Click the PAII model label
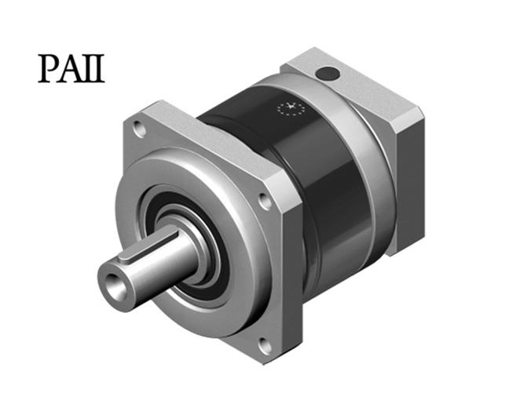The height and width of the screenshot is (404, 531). click(x=71, y=68)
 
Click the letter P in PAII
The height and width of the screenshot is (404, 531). click(x=49, y=68)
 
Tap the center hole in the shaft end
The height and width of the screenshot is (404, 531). click(x=114, y=285)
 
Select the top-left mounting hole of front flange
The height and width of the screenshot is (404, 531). click(x=140, y=129)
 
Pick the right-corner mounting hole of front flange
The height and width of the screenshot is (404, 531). click(x=265, y=201)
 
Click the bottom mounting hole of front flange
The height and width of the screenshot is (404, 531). click(x=265, y=345)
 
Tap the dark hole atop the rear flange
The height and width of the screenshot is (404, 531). click(x=327, y=74)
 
